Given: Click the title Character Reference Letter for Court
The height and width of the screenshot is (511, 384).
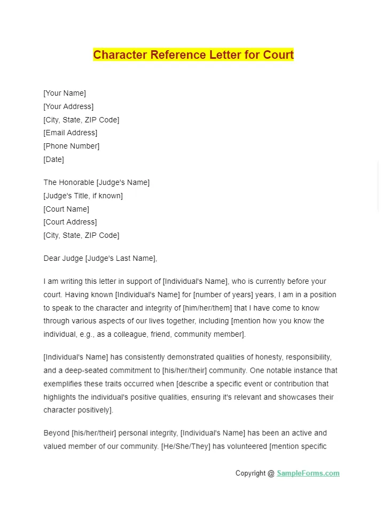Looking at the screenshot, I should pos(193,55).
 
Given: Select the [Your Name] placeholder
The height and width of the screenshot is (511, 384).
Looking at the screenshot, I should pos(65,93).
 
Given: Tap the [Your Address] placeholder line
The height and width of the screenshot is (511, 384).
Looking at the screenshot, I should pos(68,106).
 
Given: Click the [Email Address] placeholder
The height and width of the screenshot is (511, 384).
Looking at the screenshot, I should pos(70,133).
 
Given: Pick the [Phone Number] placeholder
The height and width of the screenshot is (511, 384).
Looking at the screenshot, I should pos(72,146).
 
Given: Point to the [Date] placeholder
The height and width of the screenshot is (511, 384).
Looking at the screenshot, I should pos(53,159).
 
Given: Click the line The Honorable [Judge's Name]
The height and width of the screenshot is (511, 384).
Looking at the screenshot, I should pos(96,182).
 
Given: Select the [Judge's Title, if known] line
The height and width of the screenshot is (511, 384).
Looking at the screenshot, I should pos(83,196).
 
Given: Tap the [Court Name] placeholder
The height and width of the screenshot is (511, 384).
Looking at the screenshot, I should pos(66,209).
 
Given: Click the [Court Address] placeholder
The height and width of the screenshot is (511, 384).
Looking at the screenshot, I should pos(70,222).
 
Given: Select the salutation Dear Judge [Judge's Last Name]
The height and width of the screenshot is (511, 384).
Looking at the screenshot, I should pos(100,258).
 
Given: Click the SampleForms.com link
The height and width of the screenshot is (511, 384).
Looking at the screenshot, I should pos(308,473).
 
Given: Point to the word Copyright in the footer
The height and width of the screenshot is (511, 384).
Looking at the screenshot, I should pos(251,473).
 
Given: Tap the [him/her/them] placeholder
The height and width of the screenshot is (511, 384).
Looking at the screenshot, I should pos(206,308).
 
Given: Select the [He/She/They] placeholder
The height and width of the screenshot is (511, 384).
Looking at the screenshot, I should pos(185,446).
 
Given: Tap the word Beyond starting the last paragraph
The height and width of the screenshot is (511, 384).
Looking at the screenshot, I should pos(56,433).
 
